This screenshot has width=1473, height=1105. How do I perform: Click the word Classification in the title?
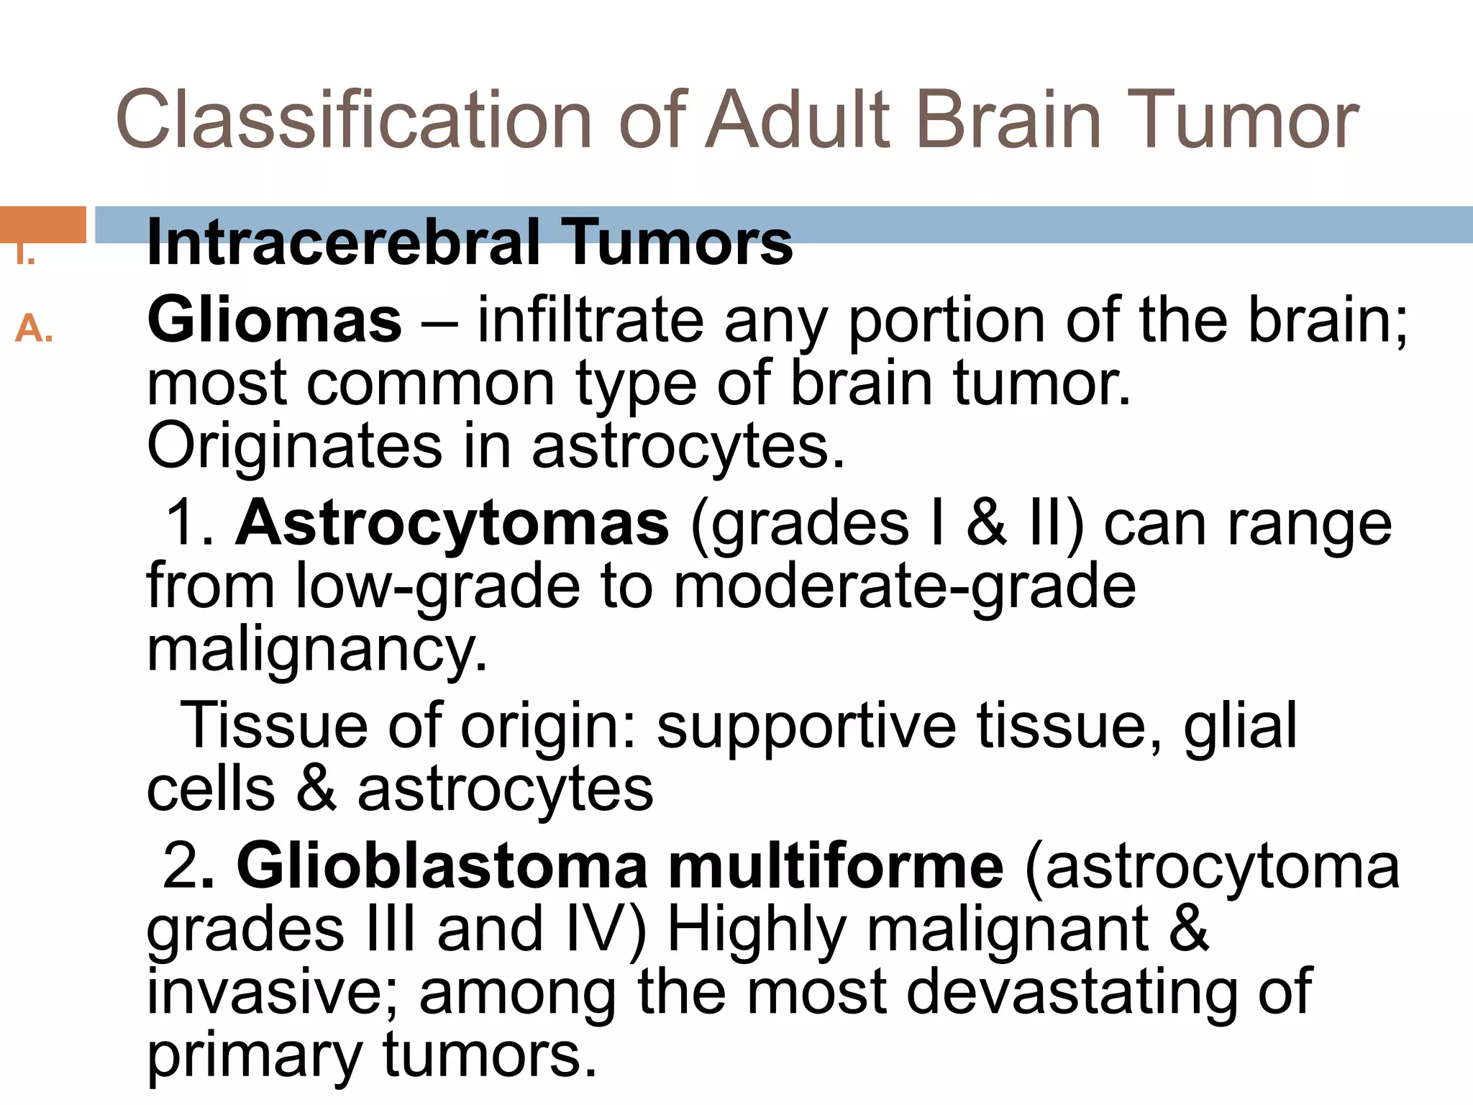[352, 119]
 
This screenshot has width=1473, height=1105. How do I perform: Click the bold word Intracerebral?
[343, 242]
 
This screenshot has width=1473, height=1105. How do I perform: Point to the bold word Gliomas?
[274, 320]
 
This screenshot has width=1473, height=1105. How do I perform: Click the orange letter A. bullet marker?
[34, 329]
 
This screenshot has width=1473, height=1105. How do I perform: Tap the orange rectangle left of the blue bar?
[43, 224]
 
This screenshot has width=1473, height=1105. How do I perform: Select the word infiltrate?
[590, 320]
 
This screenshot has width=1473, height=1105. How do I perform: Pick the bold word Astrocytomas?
[452, 523]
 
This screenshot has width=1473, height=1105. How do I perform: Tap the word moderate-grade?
[905, 586]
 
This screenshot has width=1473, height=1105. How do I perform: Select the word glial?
[1241, 725]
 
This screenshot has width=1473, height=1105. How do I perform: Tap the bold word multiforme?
[836, 866]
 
